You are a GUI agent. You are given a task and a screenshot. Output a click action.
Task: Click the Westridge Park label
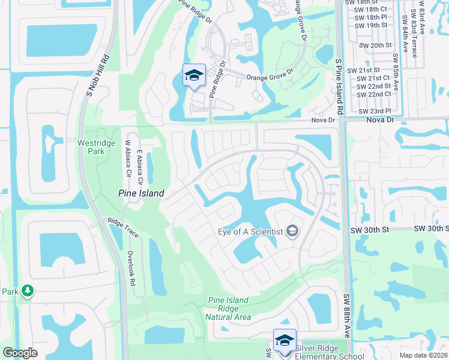tap(91, 147)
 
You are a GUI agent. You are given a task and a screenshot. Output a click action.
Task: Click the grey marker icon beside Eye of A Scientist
tap(292, 232)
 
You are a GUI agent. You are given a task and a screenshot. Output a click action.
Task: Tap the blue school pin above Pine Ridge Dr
tap(194, 76)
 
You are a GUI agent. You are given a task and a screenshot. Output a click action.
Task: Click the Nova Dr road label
tap(323, 121)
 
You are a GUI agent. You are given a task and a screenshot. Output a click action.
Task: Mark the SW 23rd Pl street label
tap(374, 112)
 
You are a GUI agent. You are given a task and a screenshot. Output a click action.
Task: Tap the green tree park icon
tap(27, 292)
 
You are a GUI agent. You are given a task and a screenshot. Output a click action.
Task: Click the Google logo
tap(20, 353)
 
